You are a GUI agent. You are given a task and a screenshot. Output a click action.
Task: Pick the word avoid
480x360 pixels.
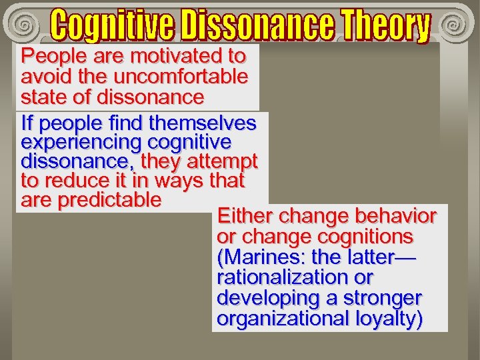pyautogui.click(x=43, y=77)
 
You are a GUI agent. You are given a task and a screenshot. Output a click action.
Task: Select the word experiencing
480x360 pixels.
pyautogui.click(x=82, y=142)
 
